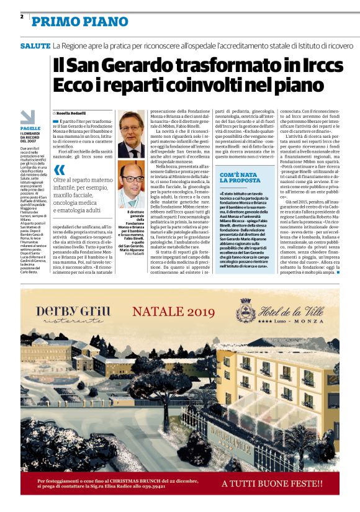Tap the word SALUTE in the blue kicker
[x=35, y=47]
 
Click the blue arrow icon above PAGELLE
[x=28, y=116]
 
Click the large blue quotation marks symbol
[x=59, y=168]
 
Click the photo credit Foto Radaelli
[x=133, y=254]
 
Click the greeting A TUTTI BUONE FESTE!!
[x=272, y=483]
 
